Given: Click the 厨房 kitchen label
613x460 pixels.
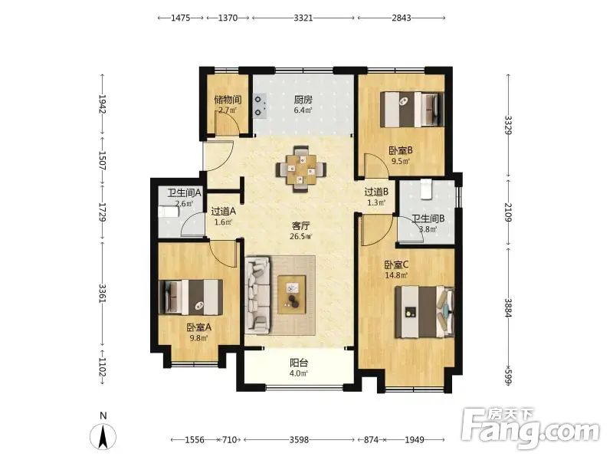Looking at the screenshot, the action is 303,100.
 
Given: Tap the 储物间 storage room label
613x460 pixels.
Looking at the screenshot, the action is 228,100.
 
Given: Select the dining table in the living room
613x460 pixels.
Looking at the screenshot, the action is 301,169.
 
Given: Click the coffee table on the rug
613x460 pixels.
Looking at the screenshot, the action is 292,294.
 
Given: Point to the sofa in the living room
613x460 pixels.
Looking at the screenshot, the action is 257,295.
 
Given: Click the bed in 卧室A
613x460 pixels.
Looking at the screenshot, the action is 191,297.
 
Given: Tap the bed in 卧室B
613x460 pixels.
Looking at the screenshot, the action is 412,109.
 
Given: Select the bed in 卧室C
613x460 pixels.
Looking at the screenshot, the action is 425,312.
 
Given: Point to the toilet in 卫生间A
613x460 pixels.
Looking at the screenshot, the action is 168,212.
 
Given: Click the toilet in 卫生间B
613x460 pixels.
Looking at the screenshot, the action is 425,189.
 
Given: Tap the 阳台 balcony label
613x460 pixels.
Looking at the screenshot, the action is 299,363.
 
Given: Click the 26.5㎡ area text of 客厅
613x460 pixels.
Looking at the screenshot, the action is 301,236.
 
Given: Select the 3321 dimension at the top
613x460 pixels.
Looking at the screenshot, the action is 303,18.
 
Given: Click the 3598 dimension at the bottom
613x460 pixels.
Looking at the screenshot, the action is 299,439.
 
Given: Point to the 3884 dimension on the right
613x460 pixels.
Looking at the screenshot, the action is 508,307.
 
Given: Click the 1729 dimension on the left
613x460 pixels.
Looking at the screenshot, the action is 103,212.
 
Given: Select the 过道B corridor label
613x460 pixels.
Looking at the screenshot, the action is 376,192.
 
